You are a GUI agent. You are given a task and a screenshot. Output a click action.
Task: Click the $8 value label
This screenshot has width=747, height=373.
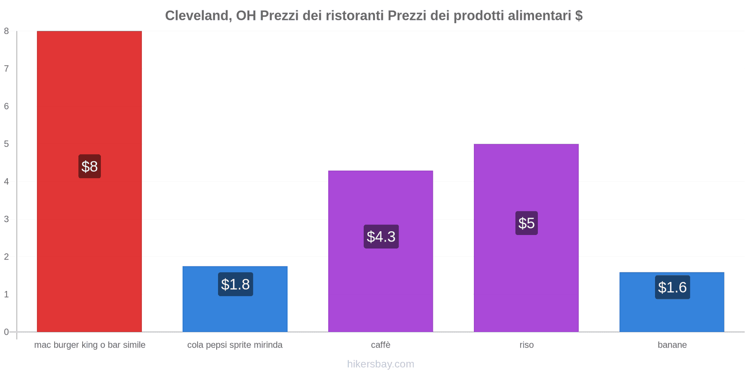tap(90, 166)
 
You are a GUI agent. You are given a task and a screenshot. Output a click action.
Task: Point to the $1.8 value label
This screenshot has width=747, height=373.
tap(235, 284)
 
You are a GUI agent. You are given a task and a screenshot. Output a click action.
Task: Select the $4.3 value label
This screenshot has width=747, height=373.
tap(381, 237)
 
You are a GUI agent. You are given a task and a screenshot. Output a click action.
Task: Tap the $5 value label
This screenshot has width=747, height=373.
tap(527, 223)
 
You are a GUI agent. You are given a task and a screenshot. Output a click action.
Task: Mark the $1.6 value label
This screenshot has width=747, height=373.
tap(672, 287)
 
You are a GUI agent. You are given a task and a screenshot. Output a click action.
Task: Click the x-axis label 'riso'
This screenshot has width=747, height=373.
tap(527, 345)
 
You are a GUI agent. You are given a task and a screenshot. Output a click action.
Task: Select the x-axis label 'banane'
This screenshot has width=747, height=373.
tap(672, 345)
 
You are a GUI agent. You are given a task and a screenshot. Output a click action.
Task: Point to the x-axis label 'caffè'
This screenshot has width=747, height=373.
tap(381, 345)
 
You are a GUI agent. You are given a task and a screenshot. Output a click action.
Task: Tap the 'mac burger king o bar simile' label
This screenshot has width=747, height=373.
tap(90, 345)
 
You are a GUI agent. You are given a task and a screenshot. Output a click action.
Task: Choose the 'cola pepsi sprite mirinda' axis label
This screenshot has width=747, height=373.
tap(235, 345)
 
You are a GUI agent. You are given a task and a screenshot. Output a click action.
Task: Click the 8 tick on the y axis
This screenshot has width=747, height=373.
tap(7, 31)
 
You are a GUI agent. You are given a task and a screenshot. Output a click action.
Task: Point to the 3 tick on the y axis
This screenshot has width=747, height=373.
tap(7, 219)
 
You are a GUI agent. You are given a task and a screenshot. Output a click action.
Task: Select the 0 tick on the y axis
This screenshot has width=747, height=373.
tap(7, 332)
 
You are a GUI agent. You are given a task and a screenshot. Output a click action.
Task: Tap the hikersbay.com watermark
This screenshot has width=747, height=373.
tap(381, 364)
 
